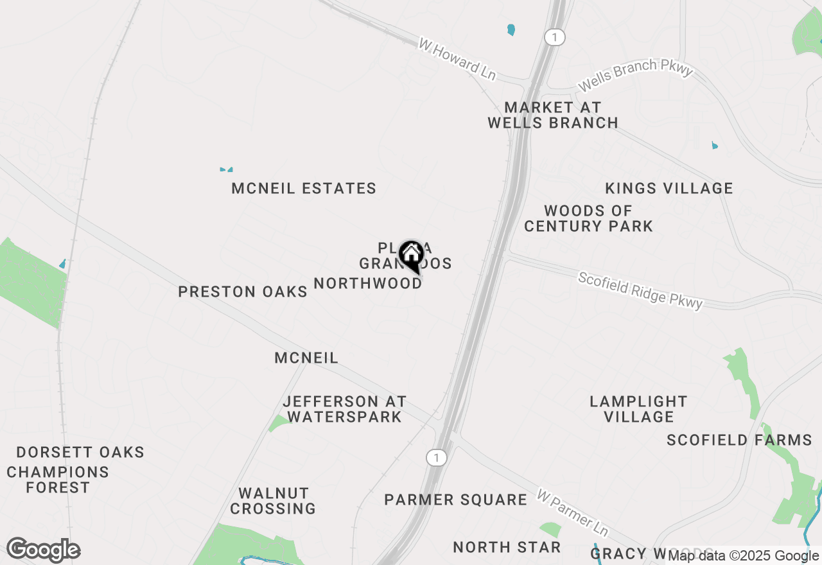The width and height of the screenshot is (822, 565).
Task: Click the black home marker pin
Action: tap(410, 256)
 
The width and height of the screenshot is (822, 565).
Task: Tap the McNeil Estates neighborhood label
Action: tap(304, 189)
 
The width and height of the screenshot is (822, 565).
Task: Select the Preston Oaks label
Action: tap(243, 291)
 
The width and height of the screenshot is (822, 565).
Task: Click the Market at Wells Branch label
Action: tap(553, 115)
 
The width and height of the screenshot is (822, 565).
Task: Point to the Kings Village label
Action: tap(669, 189)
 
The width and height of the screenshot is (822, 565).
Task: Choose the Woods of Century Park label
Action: tap(588, 218)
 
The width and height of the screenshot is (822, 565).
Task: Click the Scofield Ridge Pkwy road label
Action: tap(640, 290)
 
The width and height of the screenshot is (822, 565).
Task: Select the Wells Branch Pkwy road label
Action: tap(636, 75)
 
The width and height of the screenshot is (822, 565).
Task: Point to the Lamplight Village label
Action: tap(639, 409)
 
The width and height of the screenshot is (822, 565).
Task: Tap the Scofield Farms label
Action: tap(739, 440)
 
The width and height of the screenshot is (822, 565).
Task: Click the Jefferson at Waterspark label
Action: tap(345, 409)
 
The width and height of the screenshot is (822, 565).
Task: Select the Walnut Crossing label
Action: tap(274, 501)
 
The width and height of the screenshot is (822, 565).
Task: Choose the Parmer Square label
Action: tap(456, 500)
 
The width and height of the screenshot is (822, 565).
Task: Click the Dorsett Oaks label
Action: tap(80, 452)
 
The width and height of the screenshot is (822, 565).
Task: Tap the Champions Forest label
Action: tap(58, 480)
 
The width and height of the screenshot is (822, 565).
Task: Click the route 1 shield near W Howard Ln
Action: tap(554, 37)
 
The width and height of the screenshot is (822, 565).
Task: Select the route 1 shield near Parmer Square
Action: tap(436, 458)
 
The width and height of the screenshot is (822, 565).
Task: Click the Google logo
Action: tap(43, 550)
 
